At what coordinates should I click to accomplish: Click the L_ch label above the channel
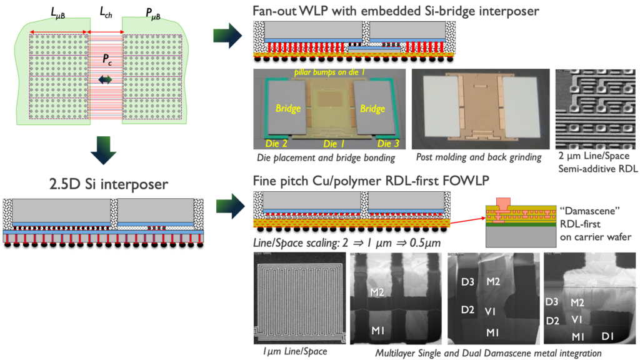104,12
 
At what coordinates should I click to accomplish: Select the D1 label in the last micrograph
613,337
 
